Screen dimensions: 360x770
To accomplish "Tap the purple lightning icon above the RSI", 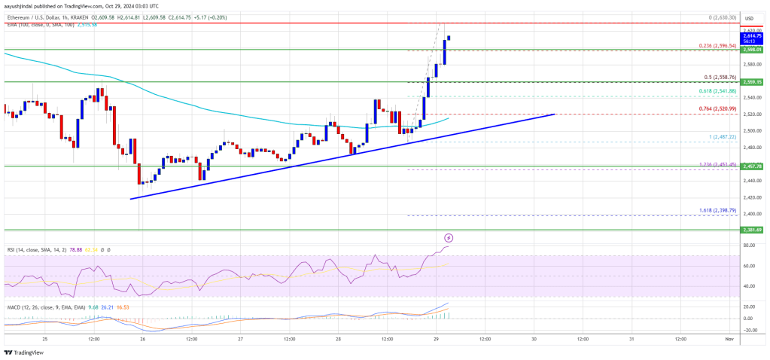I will [x=450, y=238].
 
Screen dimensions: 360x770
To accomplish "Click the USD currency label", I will [x=750, y=18].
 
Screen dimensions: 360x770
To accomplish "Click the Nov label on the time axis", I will [x=729, y=340].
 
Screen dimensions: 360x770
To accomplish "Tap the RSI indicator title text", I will [x=15, y=249].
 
